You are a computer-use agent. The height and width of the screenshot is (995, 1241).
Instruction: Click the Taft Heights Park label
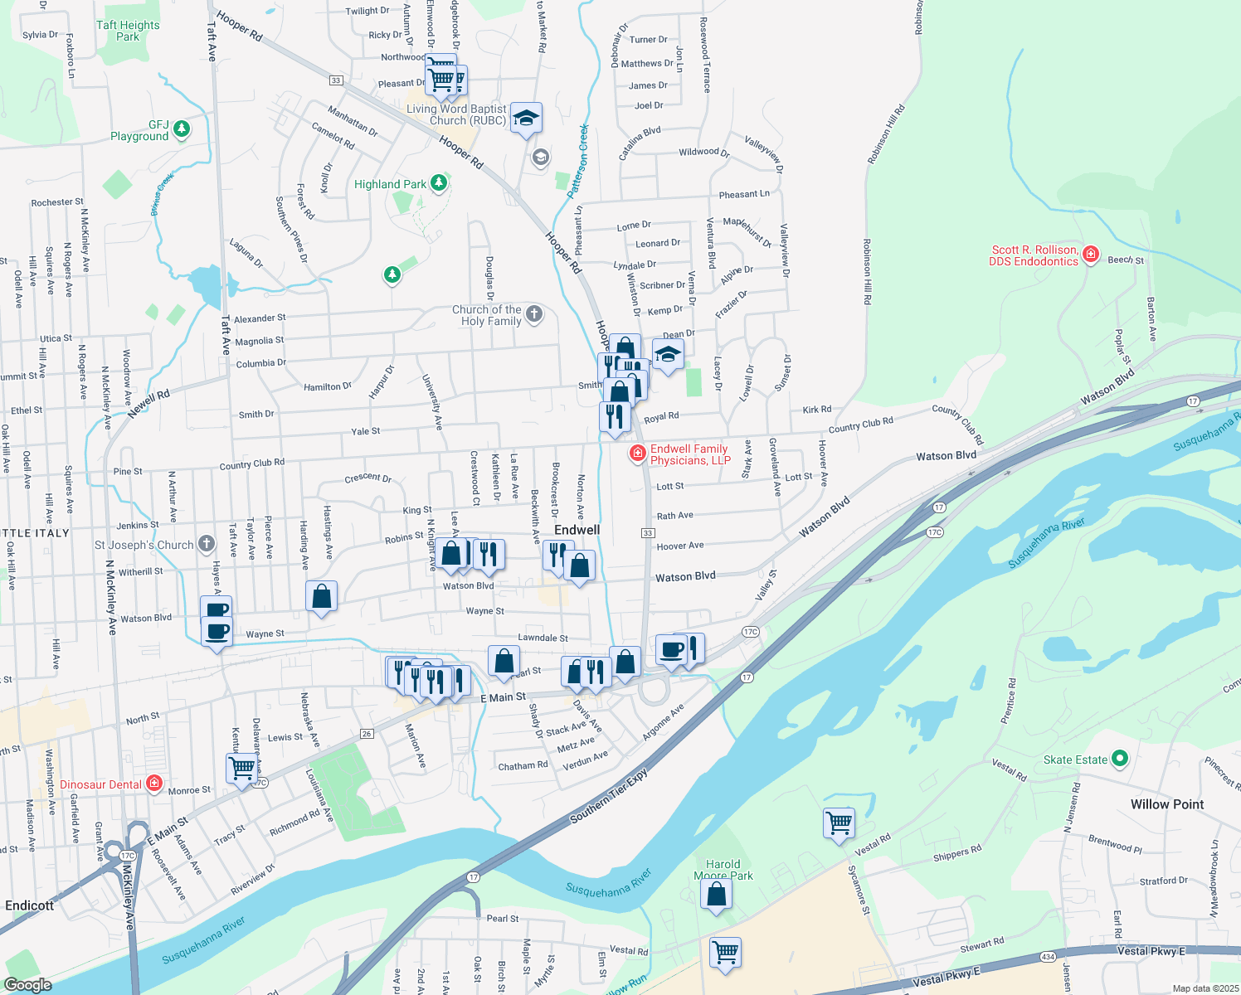point(128,31)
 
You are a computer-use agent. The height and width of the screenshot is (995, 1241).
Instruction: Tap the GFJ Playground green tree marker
point(182,129)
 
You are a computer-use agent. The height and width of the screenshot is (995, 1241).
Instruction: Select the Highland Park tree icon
point(439,183)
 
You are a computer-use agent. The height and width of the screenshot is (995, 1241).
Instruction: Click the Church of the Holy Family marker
point(534,313)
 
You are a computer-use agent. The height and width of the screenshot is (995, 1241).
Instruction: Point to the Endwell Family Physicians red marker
point(637,453)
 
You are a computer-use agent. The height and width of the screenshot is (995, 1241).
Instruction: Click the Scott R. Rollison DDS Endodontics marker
point(1091,255)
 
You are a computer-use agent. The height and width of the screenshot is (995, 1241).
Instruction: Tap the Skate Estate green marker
point(1119,759)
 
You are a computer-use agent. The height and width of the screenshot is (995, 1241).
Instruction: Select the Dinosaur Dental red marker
point(153,783)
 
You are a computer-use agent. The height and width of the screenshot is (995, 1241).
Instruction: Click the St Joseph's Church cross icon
point(207,544)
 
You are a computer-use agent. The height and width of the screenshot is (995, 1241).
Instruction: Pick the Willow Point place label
point(1166,804)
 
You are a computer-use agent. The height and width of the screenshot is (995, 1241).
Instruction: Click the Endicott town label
point(30,905)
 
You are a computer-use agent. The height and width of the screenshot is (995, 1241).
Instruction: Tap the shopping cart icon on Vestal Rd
point(839,823)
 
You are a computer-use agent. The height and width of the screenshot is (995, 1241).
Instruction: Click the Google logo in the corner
point(28,984)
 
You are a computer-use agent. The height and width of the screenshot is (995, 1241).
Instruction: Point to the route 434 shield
point(1048,957)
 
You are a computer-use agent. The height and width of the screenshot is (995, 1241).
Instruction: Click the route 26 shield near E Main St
point(367,734)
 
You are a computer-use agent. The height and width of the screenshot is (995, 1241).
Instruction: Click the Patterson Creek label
point(578,160)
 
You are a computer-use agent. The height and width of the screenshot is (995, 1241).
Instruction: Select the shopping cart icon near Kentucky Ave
point(241,768)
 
